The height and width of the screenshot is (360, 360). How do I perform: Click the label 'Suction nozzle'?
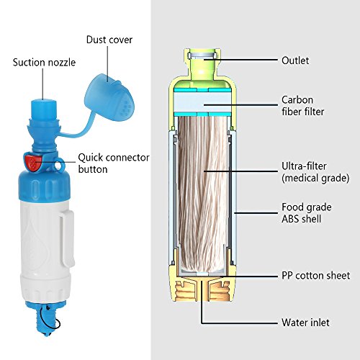45,61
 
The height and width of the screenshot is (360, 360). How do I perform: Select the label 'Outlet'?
295,60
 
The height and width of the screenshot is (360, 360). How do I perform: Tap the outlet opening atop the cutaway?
202,55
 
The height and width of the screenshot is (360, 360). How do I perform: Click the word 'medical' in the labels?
302,179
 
